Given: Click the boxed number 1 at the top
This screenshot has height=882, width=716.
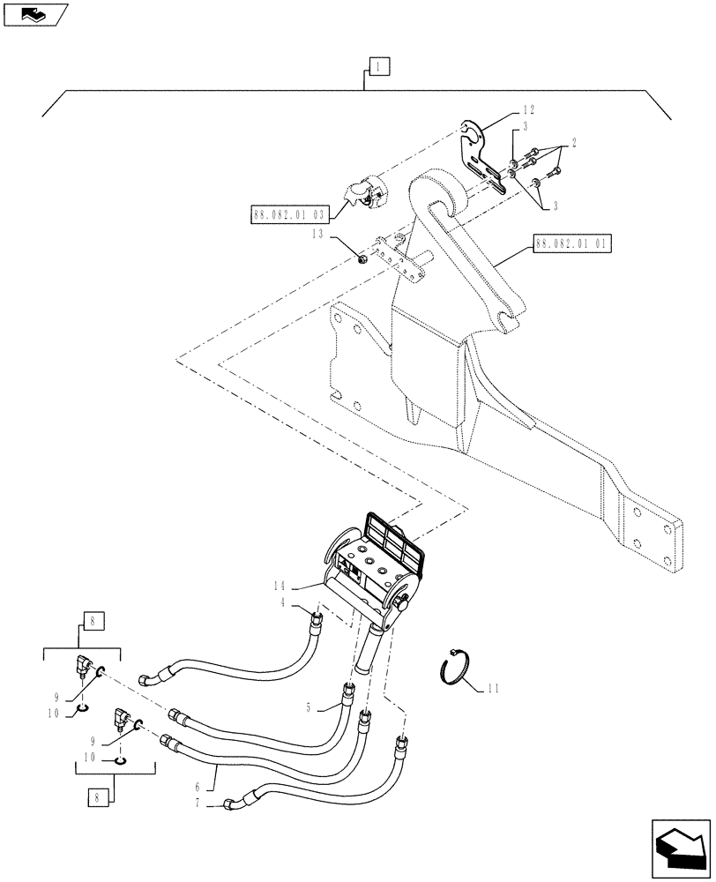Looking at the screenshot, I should click(x=377, y=66).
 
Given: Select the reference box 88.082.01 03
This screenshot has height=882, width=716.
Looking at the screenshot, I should click(x=287, y=214).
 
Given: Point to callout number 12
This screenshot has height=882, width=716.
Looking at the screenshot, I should click(x=528, y=110).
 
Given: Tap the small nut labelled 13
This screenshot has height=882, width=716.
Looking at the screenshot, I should click(x=362, y=258).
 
